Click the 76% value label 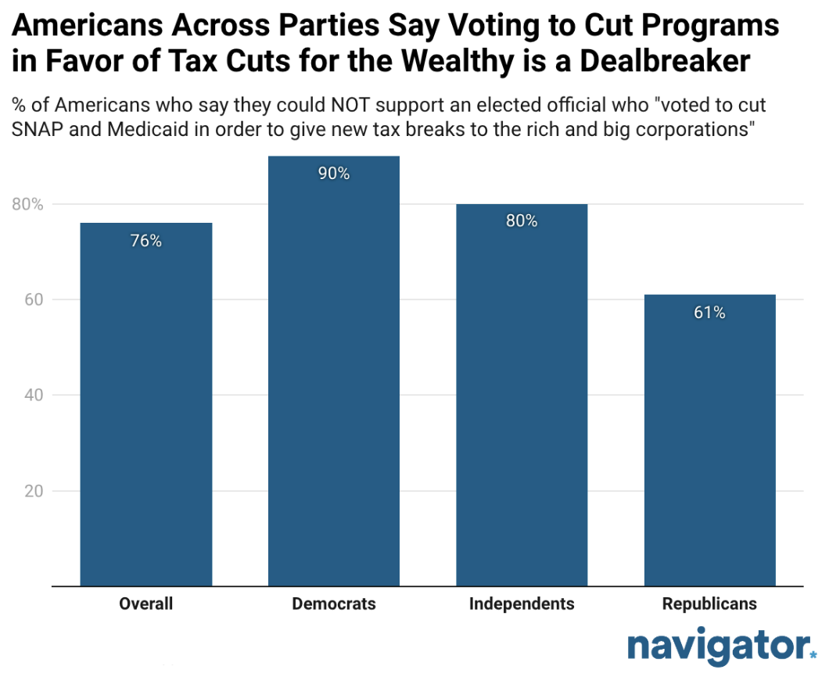(146, 242)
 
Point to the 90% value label (334, 174)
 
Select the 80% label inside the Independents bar (522, 221)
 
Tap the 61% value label (709, 313)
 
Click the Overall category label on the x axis (146, 604)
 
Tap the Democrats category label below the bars (334, 604)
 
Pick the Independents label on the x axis (522, 604)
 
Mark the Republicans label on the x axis (709, 604)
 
